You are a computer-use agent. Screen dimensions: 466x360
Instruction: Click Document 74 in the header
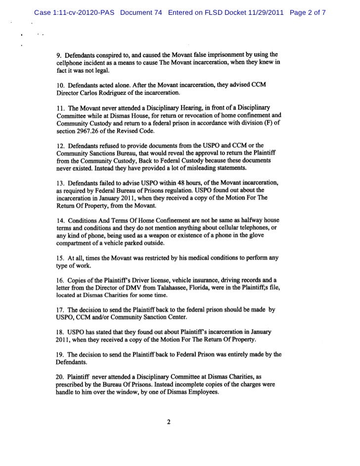(x=140, y=12)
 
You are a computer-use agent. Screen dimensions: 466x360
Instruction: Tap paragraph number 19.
(x=60, y=354)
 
